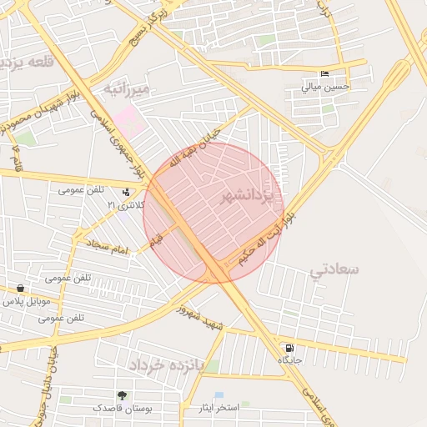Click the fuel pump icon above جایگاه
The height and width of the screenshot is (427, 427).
coord(289,349)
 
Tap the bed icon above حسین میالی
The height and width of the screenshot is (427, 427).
coord(324,73)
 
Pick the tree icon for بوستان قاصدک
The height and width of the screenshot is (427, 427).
coord(123,395)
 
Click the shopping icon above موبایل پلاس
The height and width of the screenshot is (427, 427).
coord(19,289)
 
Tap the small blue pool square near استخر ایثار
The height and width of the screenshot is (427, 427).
coord(219,394)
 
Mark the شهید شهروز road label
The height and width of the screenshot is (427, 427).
coord(200,318)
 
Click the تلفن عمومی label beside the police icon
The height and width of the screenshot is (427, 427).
coord(82,189)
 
